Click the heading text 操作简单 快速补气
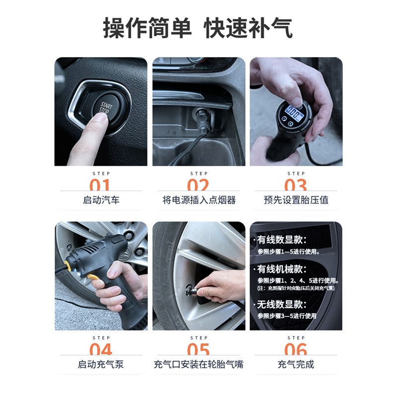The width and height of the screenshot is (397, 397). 198,27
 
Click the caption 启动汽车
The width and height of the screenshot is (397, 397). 101,200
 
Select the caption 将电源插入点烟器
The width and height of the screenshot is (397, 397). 199,200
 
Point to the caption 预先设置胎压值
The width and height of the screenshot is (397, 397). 296,200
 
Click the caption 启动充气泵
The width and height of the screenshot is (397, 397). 101,364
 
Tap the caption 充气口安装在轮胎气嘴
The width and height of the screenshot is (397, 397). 198,364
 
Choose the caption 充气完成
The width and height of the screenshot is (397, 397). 296,364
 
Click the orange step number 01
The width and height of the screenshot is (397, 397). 100,186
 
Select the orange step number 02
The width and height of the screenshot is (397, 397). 198,186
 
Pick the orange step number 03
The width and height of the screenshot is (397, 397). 296,186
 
